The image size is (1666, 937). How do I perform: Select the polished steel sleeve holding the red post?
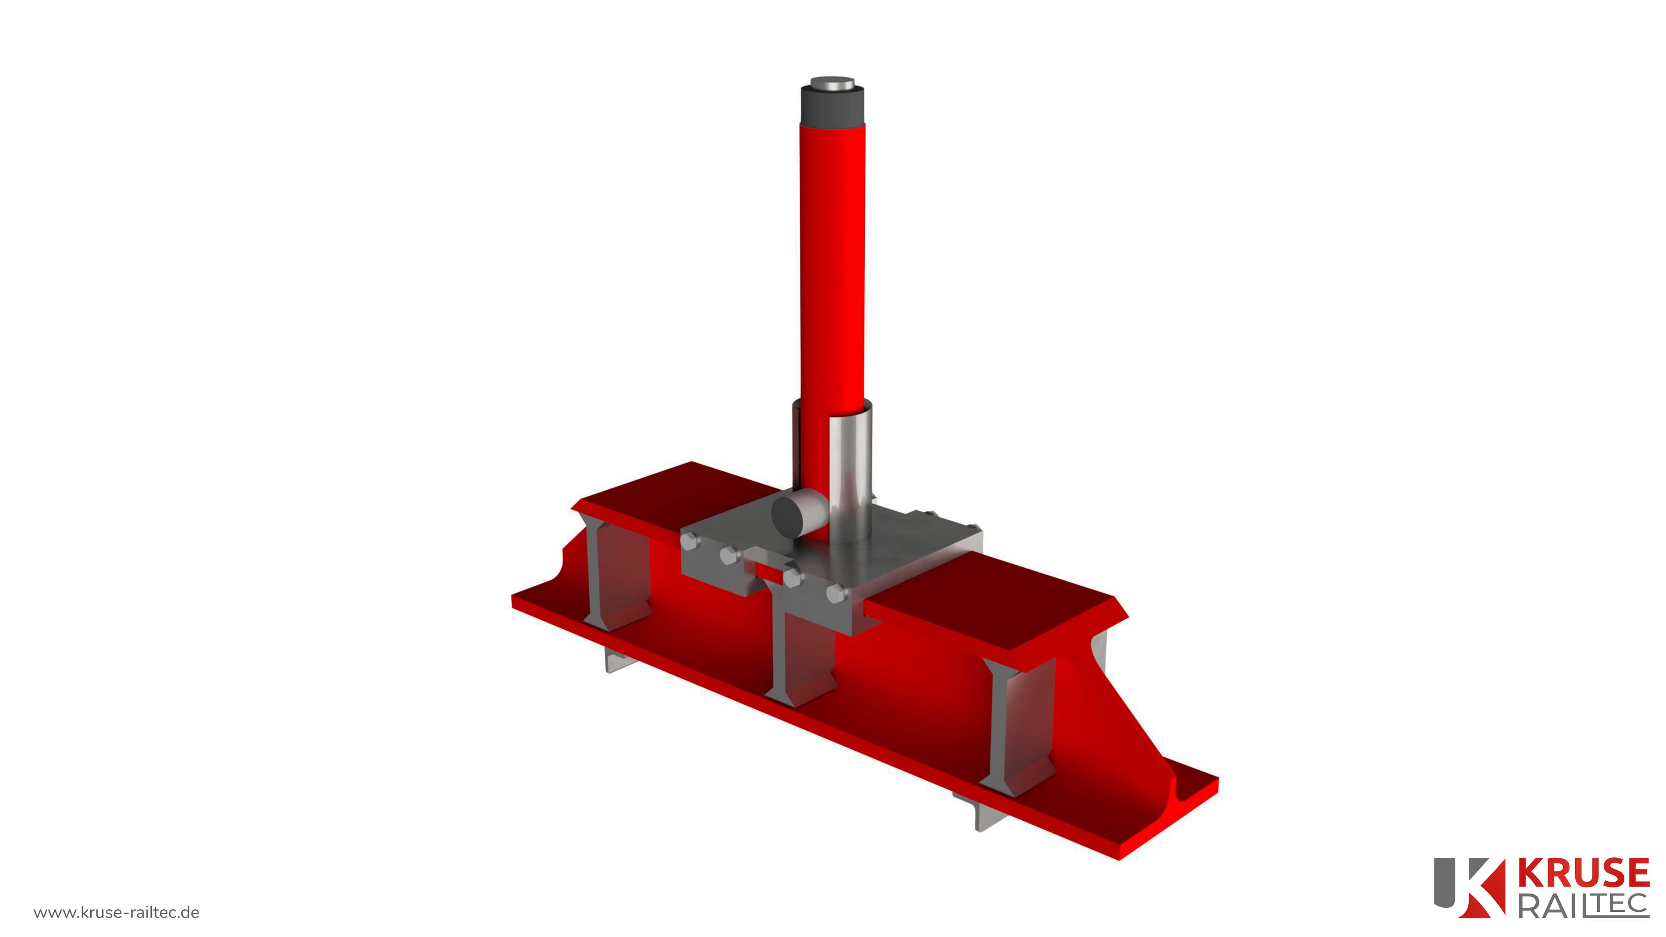tap(850, 479)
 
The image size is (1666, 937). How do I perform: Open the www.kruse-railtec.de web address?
tap(116, 913)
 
